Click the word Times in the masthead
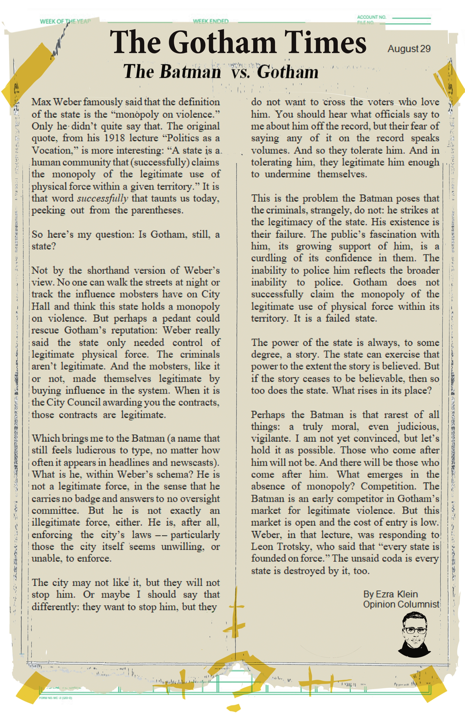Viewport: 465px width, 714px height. [325, 43]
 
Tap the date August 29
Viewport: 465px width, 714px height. [409, 49]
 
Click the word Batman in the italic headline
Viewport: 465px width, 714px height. [190, 72]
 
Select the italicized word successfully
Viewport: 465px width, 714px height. [103, 198]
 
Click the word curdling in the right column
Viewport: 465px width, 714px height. [269, 258]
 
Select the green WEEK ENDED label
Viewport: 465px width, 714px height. [211, 21]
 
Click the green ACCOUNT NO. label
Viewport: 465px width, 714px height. [371, 17]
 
